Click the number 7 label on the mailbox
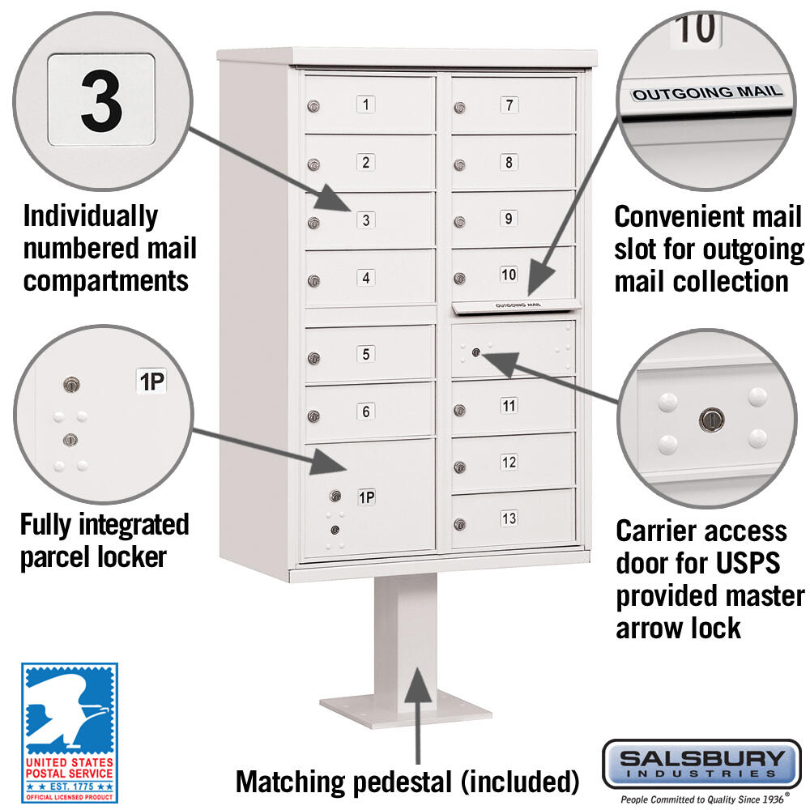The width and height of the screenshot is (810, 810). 509,104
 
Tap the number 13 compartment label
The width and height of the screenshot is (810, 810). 509,518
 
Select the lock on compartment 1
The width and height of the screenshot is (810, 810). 313,106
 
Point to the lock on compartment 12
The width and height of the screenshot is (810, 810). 460,467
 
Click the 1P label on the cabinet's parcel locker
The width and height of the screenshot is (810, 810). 367,497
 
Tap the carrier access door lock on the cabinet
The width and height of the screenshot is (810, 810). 476,353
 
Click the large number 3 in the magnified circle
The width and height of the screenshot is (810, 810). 102,100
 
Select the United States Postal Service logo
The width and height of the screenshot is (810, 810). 70,733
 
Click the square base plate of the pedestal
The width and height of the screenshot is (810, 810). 406,709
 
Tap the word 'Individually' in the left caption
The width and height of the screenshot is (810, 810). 91,216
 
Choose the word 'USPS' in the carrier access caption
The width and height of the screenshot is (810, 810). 748,563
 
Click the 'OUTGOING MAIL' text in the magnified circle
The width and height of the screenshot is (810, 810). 707,93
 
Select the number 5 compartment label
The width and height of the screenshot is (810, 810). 366,354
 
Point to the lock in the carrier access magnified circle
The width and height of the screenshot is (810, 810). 711,419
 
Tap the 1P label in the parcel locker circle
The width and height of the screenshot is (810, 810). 151,382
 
